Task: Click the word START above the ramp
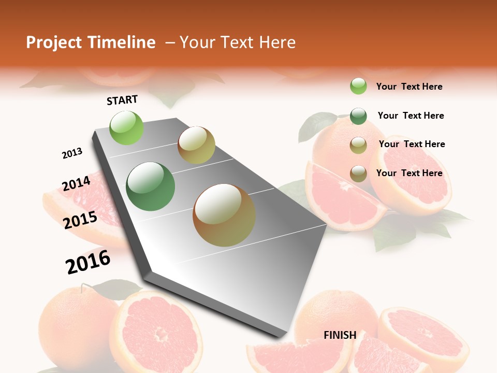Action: [122, 100]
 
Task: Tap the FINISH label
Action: [340, 335]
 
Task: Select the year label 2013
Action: [72, 153]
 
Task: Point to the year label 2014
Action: [76, 184]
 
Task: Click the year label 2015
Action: [80, 220]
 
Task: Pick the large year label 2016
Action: [88, 262]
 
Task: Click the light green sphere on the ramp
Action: [127, 127]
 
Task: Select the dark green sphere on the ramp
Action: [151, 187]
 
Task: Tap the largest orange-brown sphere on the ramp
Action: [224, 215]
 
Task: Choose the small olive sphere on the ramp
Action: [196, 145]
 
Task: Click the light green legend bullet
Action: [358, 86]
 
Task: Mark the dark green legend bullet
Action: [358, 116]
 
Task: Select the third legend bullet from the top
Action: [358, 145]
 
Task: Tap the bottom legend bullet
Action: [358, 174]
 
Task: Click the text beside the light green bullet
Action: [409, 87]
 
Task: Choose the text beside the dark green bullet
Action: [411, 116]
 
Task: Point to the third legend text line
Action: [412, 144]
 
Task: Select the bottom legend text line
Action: [409, 173]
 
